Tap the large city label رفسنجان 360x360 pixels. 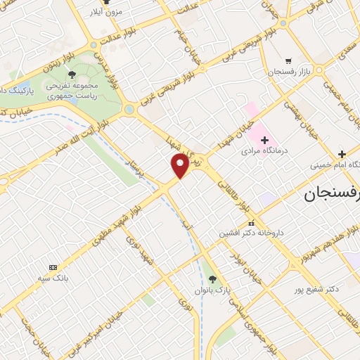point(333,195)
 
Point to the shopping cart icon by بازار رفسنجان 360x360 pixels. point(288,61)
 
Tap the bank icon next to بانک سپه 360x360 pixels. point(53,267)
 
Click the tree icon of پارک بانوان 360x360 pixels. point(213,279)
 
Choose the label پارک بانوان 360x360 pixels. point(213,290)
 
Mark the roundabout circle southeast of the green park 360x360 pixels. point(129,110)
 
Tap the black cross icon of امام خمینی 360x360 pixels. point(341,154)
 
